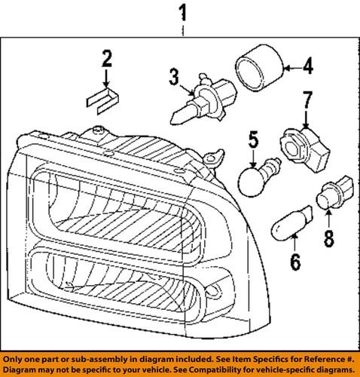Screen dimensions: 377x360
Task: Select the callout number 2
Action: pyautogui.click(x=107, y=57)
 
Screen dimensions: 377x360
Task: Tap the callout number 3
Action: pyautogui.click(x=175, y=76)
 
